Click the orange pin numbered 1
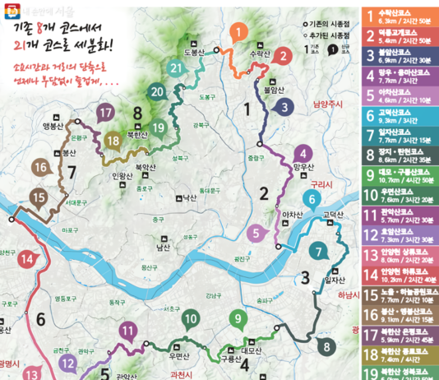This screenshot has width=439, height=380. point(237,33)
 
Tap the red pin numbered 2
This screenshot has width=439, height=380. point(282,56)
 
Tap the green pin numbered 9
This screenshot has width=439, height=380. point(238,318)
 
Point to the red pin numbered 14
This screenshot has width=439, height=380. point(29,258)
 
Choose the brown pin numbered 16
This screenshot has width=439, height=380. point(40,168)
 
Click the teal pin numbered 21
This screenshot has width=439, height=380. point(175,67)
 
